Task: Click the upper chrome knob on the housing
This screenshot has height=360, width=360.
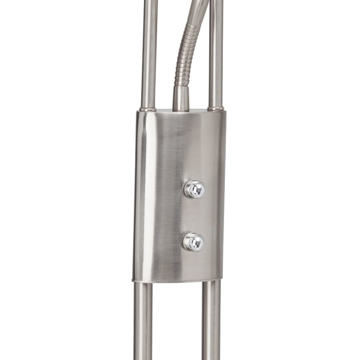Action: point(194,189)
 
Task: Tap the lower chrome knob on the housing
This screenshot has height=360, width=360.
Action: point(193,242)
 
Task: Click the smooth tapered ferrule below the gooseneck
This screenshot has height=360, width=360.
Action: point(181,98)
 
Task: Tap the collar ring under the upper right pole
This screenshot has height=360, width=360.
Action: point(216,108)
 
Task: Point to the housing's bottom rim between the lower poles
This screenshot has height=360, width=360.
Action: point(177,281)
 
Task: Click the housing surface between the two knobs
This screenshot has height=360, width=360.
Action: point(194,216)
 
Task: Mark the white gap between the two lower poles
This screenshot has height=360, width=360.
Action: point(177,323)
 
